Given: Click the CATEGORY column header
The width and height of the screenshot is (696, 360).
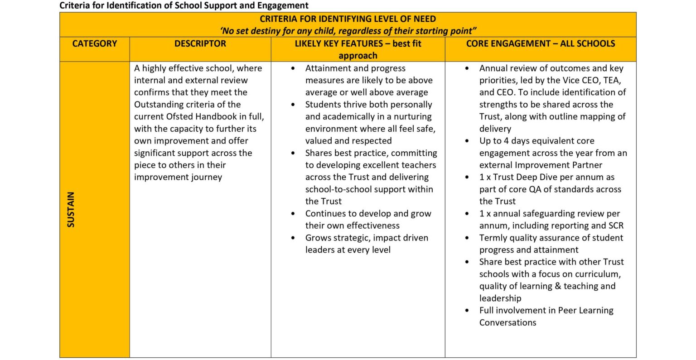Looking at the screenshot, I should pyautogui.click(x=94, y=44).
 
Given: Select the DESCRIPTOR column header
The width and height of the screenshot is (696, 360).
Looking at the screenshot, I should pyautogui.click(x=200, y=44).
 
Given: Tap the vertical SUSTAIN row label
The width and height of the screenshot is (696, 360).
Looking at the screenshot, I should pyautogui.click(x=71, y=209).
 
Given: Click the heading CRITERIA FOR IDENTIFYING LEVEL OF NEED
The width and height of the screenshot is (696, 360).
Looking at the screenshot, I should pyautogui.click(x=348, y=19).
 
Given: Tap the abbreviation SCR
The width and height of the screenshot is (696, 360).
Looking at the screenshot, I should pyautogui.click(x=614, y=226).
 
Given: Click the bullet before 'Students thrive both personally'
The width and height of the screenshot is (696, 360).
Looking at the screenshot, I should pyautogui.click(x=294, y=105).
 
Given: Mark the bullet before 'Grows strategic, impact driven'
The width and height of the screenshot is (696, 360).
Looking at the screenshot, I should pyautogui.click(x=294, y=238).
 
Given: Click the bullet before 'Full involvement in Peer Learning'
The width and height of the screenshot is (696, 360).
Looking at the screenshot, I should pyautogui.click(x=468, y=311).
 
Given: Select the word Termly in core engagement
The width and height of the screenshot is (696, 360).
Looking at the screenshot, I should pyautogui.click(x=494, y=238).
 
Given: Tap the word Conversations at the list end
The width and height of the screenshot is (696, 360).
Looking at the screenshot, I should pyautogui.click(x=507, y=322).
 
